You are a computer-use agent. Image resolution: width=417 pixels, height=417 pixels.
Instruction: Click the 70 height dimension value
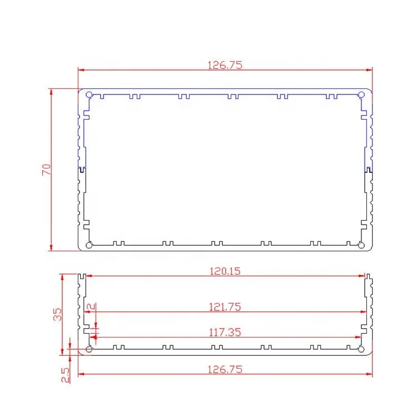[x=47, y=170]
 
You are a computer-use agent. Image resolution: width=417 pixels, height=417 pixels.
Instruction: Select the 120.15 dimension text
[x=225, y=271]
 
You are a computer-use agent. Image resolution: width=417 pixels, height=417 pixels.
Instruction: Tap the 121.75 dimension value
[x=225, y=306]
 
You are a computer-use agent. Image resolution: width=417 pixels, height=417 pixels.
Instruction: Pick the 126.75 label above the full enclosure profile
[x=225, y=65]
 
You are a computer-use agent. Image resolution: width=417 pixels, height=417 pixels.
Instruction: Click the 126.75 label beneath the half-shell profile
[x=225, y=369]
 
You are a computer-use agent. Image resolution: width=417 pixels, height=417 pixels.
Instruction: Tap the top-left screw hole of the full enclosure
[x=89, y=95]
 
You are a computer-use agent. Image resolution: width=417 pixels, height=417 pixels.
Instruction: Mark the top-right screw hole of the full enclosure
[x=361, y=95]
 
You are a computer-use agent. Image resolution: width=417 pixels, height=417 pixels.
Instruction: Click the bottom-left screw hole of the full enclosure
[x=89, y=245]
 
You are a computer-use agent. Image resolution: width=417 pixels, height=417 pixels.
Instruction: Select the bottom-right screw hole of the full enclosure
[x=361, y=245]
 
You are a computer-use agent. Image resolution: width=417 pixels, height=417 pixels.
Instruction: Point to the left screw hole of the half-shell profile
[x=90, y=349]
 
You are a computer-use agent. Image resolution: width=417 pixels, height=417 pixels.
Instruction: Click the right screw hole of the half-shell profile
[x=361, y=349]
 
